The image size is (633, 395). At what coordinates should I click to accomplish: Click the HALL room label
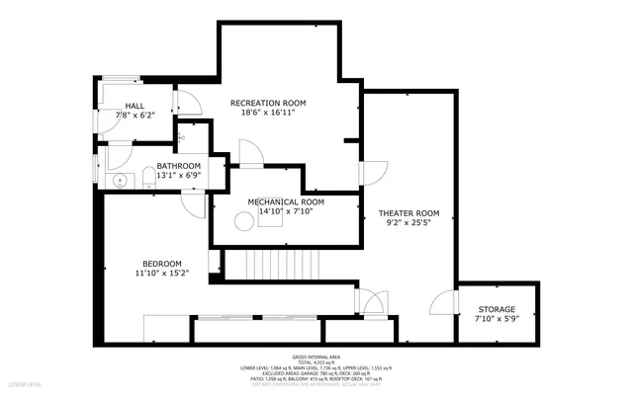click(136, 107)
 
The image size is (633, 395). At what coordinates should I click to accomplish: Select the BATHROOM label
click(178, 165)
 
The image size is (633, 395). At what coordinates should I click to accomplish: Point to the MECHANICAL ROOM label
click(286, 201)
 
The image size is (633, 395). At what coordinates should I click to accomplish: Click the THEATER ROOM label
click(408, 213)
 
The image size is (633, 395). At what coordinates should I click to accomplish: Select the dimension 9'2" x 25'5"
click(408, 223)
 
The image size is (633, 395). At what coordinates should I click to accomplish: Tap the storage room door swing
click(444, 301)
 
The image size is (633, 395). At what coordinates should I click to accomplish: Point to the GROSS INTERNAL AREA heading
click(316, 356)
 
